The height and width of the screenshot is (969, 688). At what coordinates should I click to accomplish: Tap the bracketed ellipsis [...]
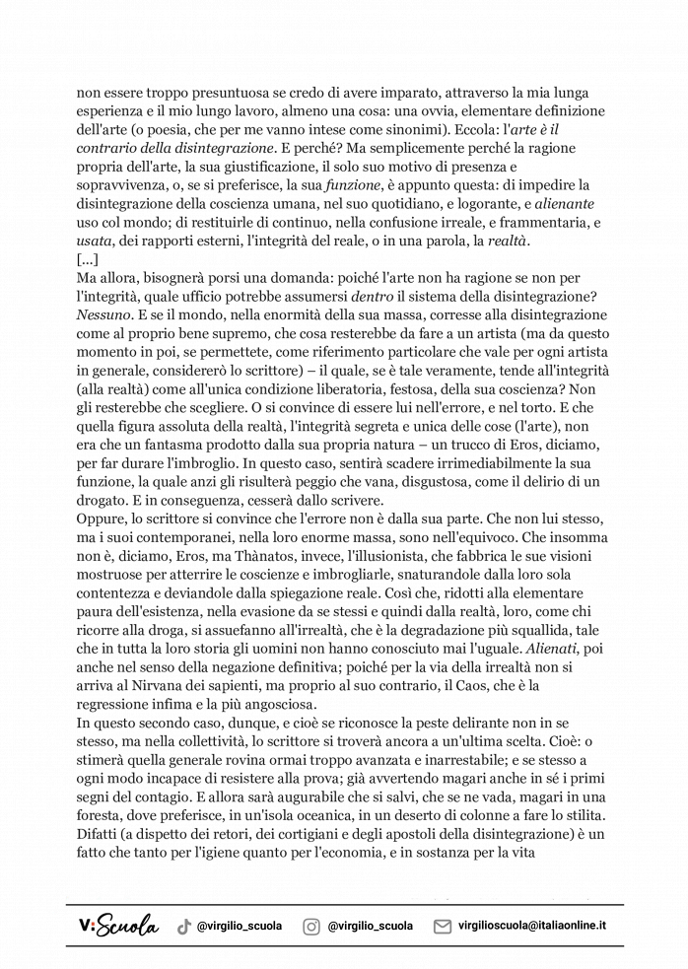coord(87,259)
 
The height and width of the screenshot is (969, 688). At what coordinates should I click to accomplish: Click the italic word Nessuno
coord(104,314)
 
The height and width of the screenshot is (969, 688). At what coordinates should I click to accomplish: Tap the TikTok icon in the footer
coord(183,926)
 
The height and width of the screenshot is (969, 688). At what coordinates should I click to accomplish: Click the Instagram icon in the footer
coord(311,926)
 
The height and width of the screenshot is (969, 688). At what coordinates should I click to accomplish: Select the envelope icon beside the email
coord(443,926)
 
